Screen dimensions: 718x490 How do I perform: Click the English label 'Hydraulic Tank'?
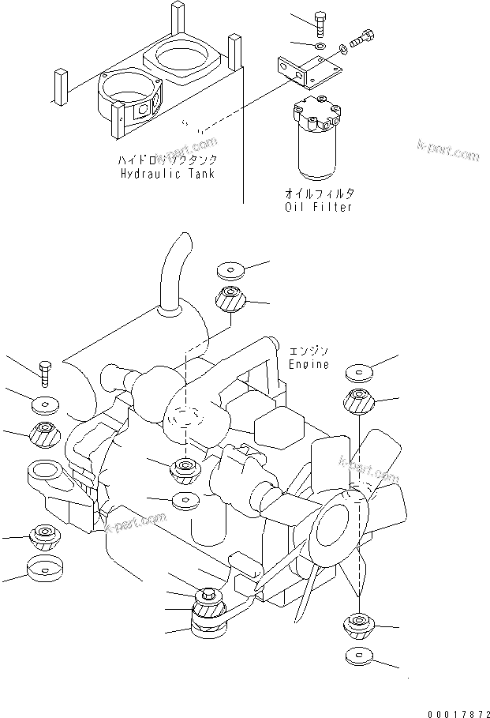click(x=169, y=173)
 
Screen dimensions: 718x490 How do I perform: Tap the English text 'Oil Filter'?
click(x=318, y=207)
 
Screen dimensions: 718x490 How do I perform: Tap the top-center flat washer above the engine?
click(x=231, y=272)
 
